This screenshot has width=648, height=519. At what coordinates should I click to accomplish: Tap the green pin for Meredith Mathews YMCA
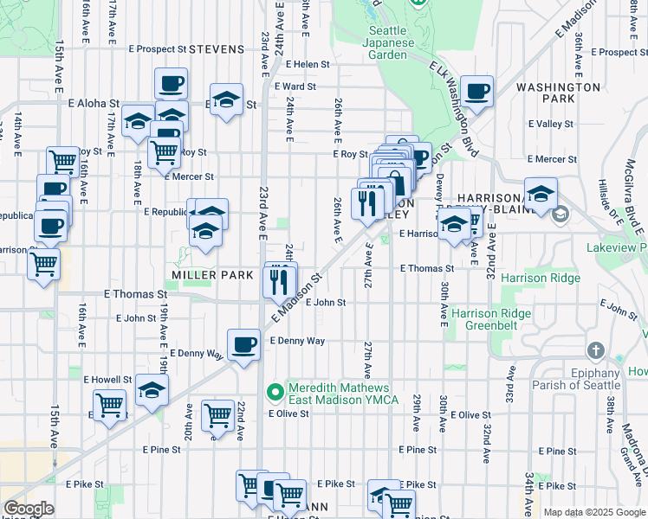coord(275,394)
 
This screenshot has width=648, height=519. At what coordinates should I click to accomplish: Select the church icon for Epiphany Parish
coord(595,351)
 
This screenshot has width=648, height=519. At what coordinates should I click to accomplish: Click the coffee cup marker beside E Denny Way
coord(243,343)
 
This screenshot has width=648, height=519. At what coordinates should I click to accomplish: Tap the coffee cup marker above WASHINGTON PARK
coord(476,91)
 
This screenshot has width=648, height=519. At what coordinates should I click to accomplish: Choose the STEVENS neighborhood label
coord(217,49)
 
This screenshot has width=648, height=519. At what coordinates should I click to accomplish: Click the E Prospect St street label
coord(157,49)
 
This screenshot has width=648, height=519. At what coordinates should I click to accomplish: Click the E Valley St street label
coord(550,124)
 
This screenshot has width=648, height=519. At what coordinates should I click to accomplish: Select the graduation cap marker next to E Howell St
coord(152,390)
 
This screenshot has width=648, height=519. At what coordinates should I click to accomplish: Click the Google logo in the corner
coord(29,509)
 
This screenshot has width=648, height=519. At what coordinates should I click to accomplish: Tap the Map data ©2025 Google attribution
coord(594,512)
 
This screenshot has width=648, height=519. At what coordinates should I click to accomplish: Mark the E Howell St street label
coord(107,380)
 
